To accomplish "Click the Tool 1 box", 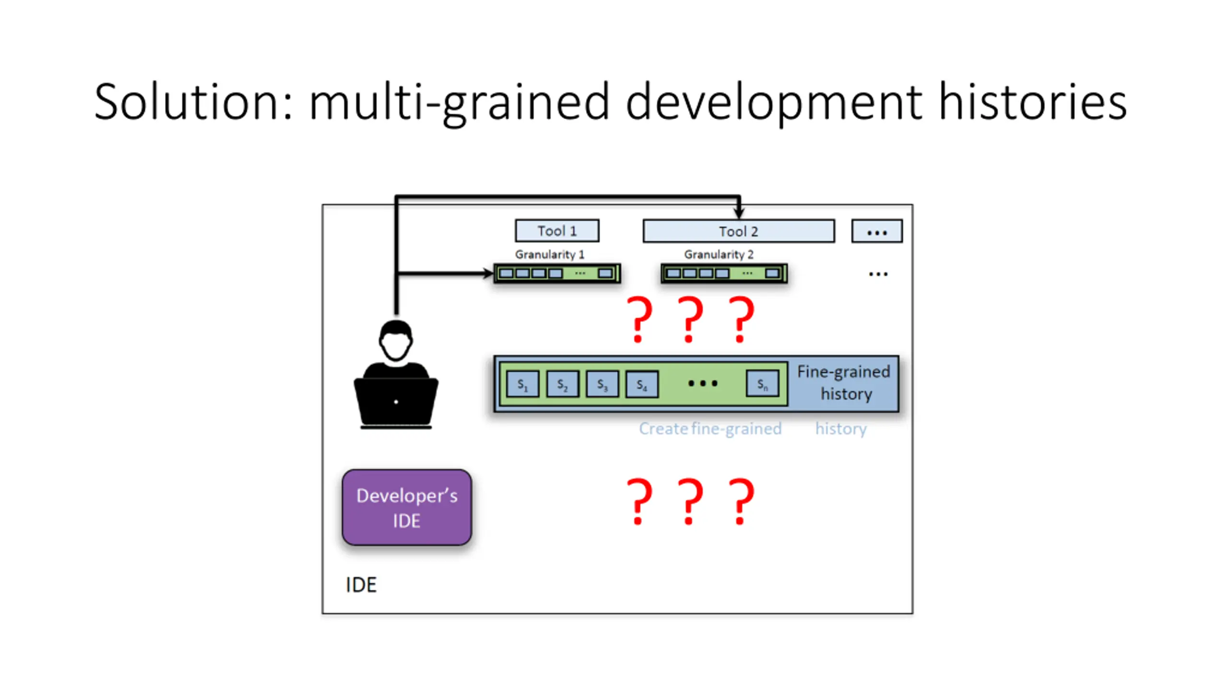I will click(556, 231).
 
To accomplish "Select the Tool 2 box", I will click(738, 231).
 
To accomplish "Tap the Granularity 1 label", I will click(549, 254).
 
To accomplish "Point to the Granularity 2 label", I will click(718, 254).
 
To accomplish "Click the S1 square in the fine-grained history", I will click(522, 384).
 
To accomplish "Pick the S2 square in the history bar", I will click(562, 384).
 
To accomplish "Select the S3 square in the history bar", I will click(602, 384).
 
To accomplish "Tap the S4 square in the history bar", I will click(642, 384).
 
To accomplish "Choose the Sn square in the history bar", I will click(762, 384).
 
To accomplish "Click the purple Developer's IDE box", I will click(407, 507).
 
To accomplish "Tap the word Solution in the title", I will click(193, 102).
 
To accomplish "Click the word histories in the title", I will click(1032, 102).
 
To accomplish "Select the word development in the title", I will click(773, 102).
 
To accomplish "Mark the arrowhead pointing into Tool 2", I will click(739, 212).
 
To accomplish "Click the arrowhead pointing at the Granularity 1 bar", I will click(488, 274).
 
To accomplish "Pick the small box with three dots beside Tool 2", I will click(876, 231).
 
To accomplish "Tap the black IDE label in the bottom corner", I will click(361, 584).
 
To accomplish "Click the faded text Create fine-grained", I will click(710, 429).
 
